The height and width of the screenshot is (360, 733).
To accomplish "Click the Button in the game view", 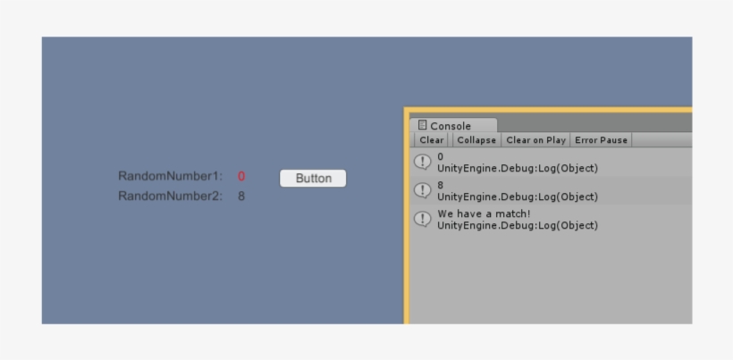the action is click(x=313, y=179).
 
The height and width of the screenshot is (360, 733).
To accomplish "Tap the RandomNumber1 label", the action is click(x=170, y=176).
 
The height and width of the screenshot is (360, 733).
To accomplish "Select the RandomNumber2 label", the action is click(x=170, y=197).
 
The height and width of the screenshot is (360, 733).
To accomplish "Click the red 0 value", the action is click(x=241, y=177).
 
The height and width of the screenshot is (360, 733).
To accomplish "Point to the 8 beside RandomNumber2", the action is click(x=241, y=197).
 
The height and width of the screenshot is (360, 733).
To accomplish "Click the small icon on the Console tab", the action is click(x=422, y=125).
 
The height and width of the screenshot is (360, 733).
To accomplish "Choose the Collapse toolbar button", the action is click(x=476, y=139).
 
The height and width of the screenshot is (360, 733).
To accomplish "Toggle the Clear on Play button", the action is click(x=535, y=139).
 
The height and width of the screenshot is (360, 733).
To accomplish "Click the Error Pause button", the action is click(x=601, y=139).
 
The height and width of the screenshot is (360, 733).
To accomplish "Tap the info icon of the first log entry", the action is click(x=423, y=162).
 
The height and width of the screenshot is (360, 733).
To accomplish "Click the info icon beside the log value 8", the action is click(x=423, y=190).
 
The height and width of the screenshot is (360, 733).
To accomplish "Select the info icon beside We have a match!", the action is click(x=423, y=219).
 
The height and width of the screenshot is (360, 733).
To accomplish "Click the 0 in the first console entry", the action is click(x=441, y=157).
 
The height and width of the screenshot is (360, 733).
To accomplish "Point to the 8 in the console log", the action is click(x=441, y=186).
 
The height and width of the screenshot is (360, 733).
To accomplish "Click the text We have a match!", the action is click(x=484, y=213).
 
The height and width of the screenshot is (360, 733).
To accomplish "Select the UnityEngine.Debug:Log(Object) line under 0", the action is click(x=518, y=168).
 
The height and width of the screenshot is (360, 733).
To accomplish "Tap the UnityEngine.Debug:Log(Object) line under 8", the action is click(x=518, y=197).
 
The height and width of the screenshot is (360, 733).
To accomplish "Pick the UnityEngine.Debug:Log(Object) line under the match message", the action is click(x=518, y=225).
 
